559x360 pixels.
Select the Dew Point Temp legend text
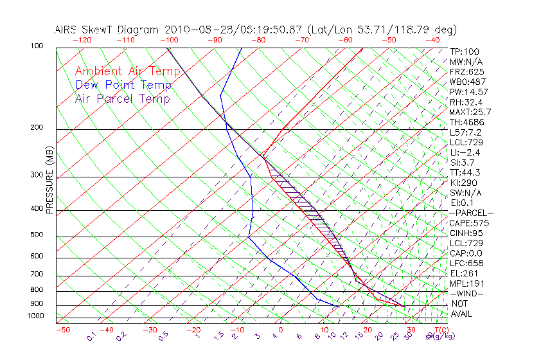(x=123, y=85)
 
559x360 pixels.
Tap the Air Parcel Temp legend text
(x=123, y=98)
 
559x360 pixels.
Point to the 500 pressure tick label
(x=37, y=235)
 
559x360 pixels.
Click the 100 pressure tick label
(x=37, y=46)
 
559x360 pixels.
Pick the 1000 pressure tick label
(x=35, y=316)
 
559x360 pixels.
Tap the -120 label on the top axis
(x=82, y=40)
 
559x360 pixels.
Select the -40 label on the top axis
(x=433, y=40)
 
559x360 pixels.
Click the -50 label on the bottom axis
(x=62, y=330)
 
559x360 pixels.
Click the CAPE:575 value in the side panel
(x=469, y=223)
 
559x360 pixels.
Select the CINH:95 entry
(x=466, y=233)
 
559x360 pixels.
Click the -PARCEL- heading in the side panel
(x=471, y=213)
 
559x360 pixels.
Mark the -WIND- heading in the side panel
(x=467, y=294)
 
